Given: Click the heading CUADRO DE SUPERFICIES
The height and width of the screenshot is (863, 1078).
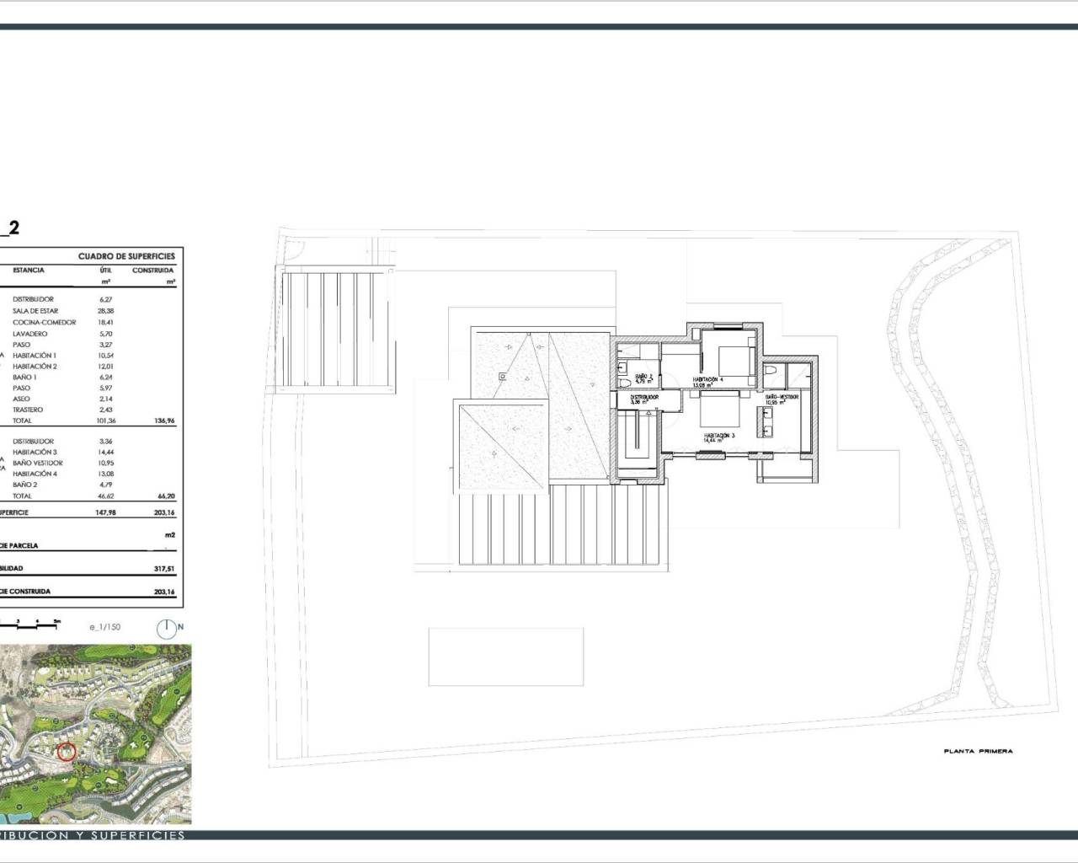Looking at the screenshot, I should tap(126, 256).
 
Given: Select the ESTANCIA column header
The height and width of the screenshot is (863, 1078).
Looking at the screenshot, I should tap(29, 271).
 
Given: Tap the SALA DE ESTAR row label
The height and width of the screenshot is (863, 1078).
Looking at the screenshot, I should tap(35, 311).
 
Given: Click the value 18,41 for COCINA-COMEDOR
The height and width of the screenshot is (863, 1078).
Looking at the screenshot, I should tap(106, 322).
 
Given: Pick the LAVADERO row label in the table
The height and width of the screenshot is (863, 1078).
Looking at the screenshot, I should tap(30, 334).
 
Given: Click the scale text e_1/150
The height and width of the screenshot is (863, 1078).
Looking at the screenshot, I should tap(105, 627).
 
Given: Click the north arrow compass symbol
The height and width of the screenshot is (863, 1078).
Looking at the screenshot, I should tap(169, 628).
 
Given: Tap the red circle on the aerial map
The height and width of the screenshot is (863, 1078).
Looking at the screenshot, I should tap(67, 752).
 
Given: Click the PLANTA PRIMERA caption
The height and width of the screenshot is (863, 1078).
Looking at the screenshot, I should tap(978, 751).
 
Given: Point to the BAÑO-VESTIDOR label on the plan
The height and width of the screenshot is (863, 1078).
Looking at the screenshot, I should tap(782, 396).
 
